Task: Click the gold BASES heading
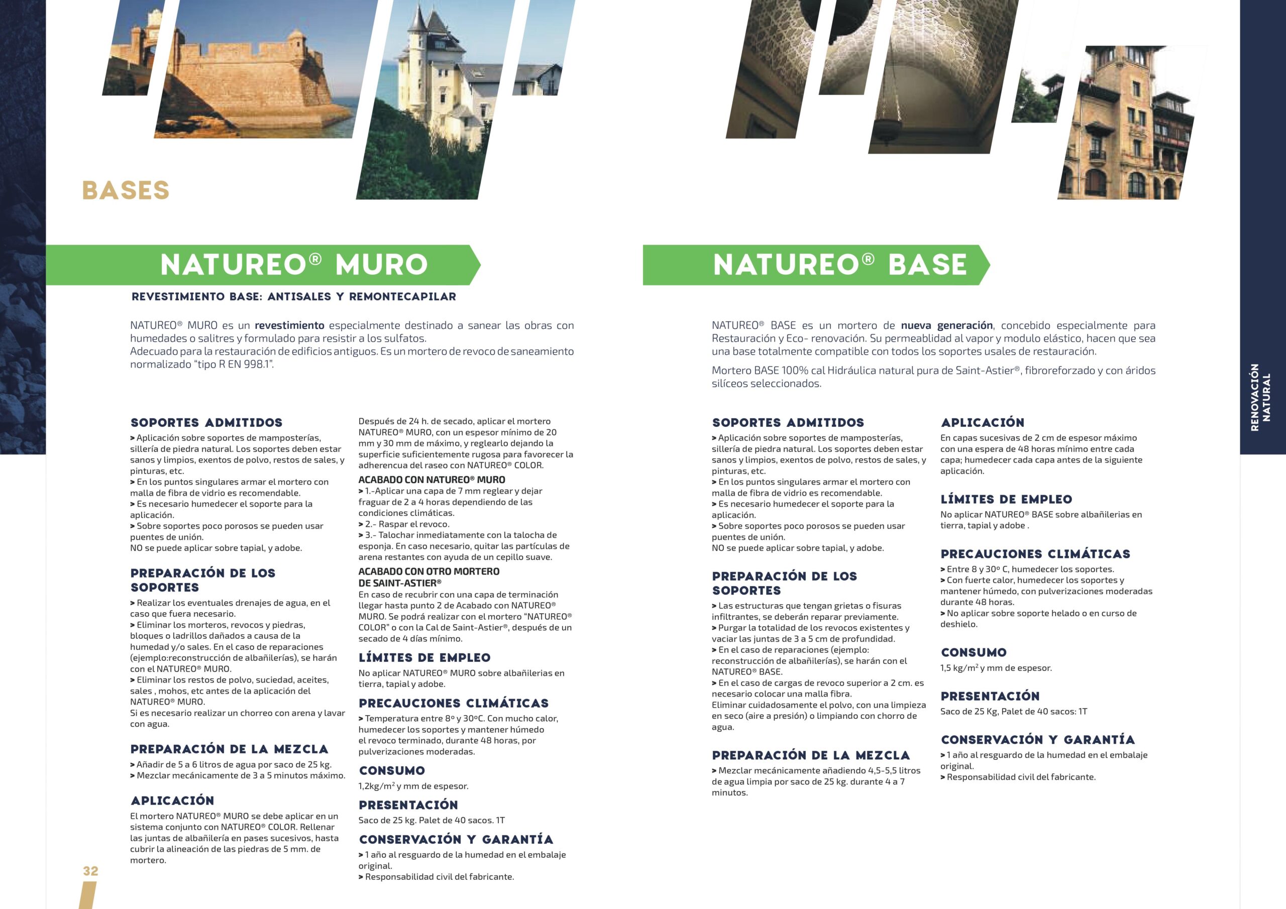click(126, 190)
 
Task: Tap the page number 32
click(90, 871)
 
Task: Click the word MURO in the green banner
click(381, 265)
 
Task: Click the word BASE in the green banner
click(927, 265)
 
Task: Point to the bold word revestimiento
click(289, 325)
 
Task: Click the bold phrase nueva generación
click(946, 325)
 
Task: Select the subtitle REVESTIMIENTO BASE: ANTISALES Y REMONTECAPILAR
click(293, 297)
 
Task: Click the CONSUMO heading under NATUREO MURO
click(391, 771)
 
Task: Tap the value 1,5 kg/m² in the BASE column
click(958, 667)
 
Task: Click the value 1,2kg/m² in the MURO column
click(376, 786)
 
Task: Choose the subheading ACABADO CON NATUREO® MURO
click(432, 480)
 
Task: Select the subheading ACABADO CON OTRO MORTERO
click(428, 572)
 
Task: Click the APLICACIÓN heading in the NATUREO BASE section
click(982, 423)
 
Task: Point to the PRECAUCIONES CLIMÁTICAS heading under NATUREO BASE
click(1035, 554)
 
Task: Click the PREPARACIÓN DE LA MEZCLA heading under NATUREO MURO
click(229, 749)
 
